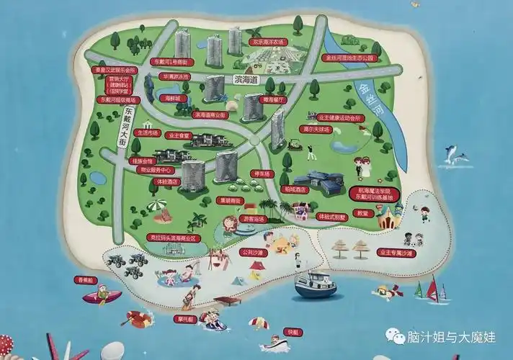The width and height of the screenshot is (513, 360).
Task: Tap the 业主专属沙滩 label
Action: point(396,253)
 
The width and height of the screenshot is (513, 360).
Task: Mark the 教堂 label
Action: point(364,213)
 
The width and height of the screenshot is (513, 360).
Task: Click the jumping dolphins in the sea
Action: point(453,154)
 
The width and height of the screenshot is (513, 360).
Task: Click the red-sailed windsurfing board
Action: point(434,289)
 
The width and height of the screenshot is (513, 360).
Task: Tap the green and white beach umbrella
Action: point(157,207)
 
